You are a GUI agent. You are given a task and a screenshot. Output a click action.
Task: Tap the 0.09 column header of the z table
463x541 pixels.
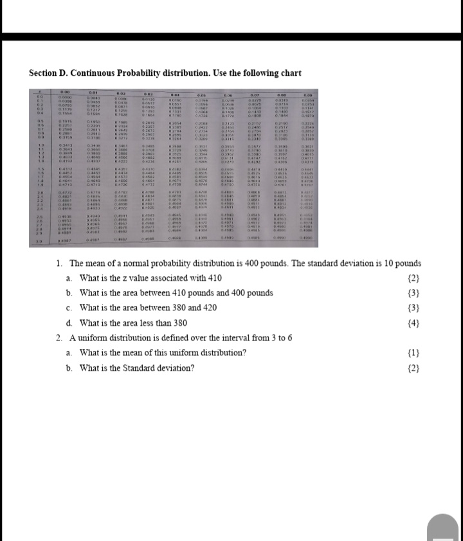[x=306, y=94]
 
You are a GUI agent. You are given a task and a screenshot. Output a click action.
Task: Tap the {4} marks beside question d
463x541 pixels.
[x=413, y=323]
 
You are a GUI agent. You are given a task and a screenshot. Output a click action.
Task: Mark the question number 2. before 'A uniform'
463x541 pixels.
[x=59, y=338]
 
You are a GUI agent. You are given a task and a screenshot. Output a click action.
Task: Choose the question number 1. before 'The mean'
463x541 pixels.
[x=59, y=263]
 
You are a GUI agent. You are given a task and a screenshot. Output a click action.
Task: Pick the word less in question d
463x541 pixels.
[x=159, y=323]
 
